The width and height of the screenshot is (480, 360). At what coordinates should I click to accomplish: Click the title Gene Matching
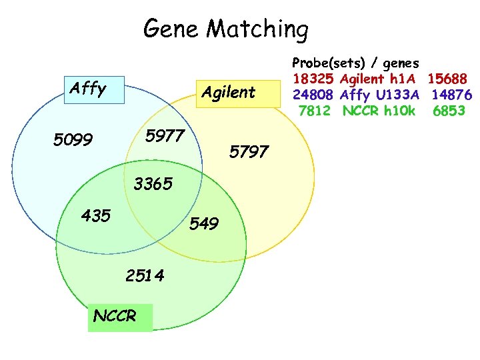226,29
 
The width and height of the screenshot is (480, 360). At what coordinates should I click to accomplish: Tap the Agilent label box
229,93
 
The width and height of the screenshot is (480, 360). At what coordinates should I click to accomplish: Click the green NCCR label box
115,316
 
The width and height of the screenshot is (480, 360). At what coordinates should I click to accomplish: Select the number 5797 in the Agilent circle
249,151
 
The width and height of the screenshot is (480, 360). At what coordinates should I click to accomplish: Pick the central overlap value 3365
153,183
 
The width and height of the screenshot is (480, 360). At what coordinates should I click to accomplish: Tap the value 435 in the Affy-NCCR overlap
95,215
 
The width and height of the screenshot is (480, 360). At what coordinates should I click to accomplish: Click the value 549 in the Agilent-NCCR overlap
204,223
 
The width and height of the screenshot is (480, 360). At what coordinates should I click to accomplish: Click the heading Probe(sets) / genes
355,63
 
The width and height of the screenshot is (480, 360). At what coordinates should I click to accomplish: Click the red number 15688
449,79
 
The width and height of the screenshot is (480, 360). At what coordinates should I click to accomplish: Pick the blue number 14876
451,95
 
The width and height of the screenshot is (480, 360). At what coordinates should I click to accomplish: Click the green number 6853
449,110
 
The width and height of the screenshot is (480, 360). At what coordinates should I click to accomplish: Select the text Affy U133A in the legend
379,95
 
